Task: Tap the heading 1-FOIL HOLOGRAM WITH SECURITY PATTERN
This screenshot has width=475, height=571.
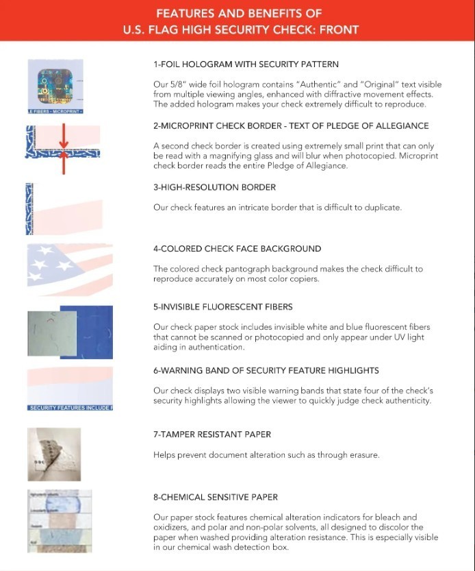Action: tap(246, 64)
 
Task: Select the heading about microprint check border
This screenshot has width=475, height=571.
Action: tap(291, 126)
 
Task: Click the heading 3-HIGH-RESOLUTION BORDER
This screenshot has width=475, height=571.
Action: tap(215, 187)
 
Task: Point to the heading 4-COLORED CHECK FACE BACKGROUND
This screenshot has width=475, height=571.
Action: tap(237, 249)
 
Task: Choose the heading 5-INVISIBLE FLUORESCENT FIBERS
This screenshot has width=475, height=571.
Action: tap(223, 307)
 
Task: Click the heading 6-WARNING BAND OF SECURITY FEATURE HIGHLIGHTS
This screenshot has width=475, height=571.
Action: tap(266, 370)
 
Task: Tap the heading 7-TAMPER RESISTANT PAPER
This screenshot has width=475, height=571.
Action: tap(212, 435)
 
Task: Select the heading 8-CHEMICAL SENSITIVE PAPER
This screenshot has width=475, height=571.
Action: tap(216, 497)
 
